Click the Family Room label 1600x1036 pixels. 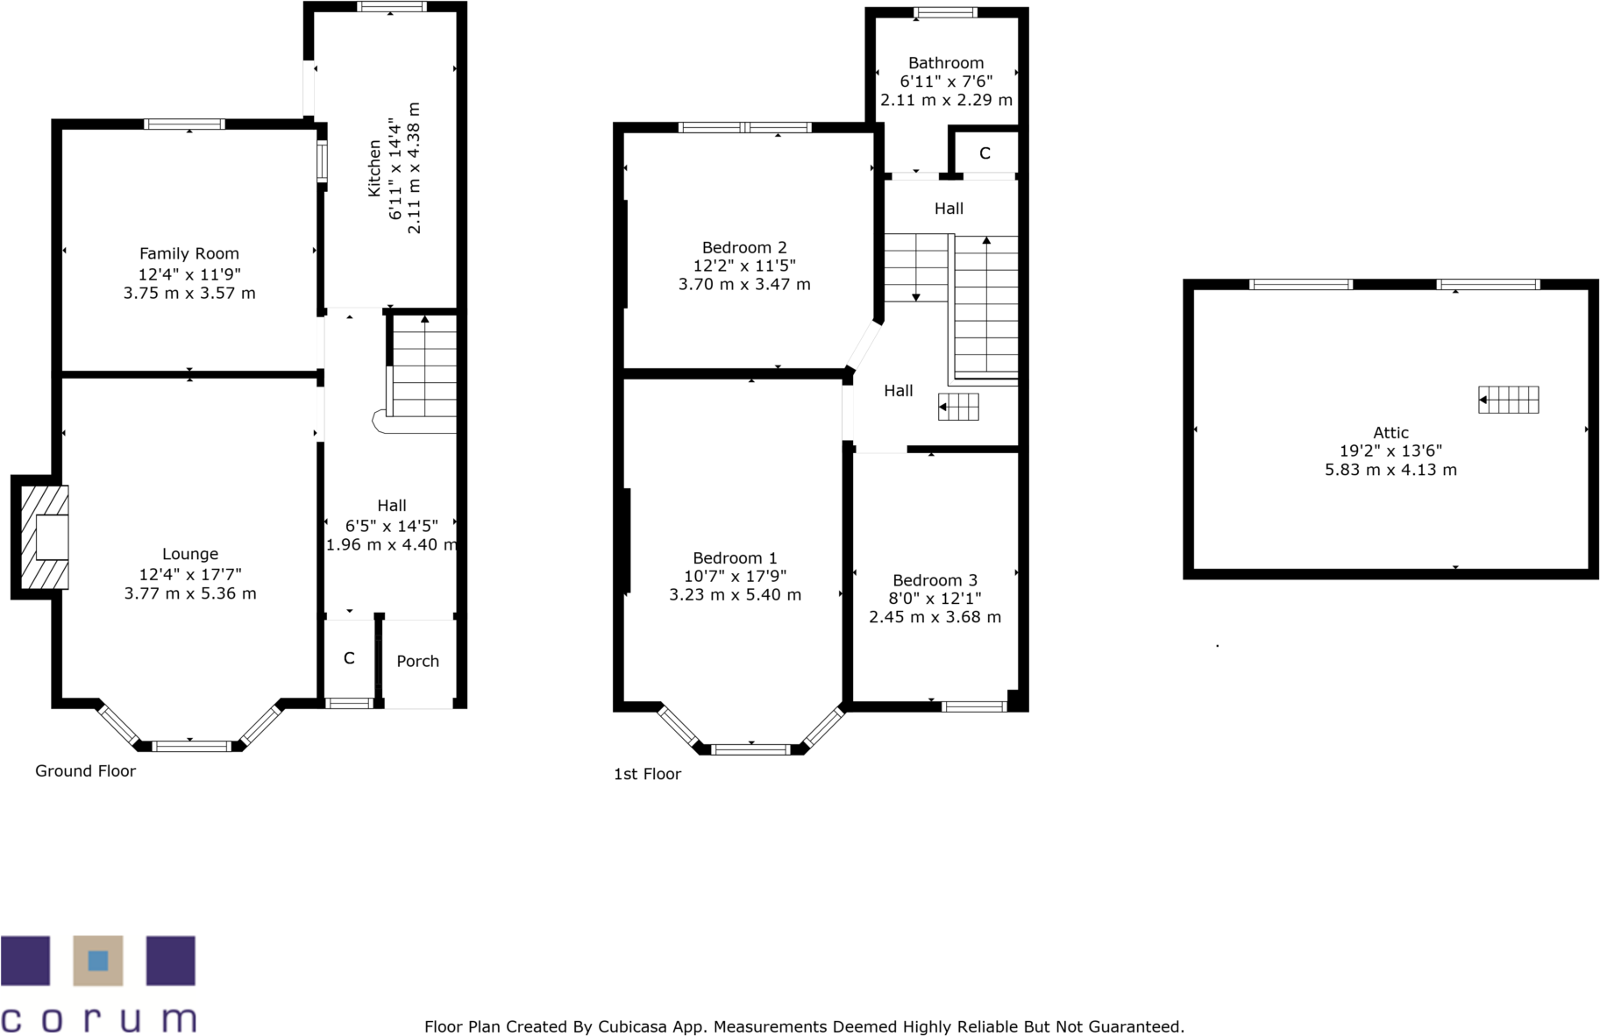coord(188,253)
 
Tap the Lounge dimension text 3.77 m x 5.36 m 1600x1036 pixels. coord(190,593)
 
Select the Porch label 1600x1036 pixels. coord(417,661)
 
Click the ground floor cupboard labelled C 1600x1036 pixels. coord(349,658)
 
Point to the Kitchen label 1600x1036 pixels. coord(374,167)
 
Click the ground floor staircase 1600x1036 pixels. coord(424,368)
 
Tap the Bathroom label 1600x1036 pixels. coord(946,63)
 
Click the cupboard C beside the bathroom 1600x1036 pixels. coord(985,153)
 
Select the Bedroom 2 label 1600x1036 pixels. coord(744,247)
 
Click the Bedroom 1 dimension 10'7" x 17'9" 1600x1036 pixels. coord(735,576)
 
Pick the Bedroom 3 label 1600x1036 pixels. coord(935,580)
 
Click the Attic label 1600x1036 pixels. coord(1390,432)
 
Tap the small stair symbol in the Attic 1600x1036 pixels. coord(1509,400)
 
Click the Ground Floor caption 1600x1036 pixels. coord(85,770)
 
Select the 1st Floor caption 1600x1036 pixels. coord(647,774)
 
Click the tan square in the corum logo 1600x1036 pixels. coord(98,961)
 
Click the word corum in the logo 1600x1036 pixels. coord(98,1019)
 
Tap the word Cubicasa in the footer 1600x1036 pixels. coord(631,1026)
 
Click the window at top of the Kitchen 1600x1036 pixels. coord(392,7)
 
